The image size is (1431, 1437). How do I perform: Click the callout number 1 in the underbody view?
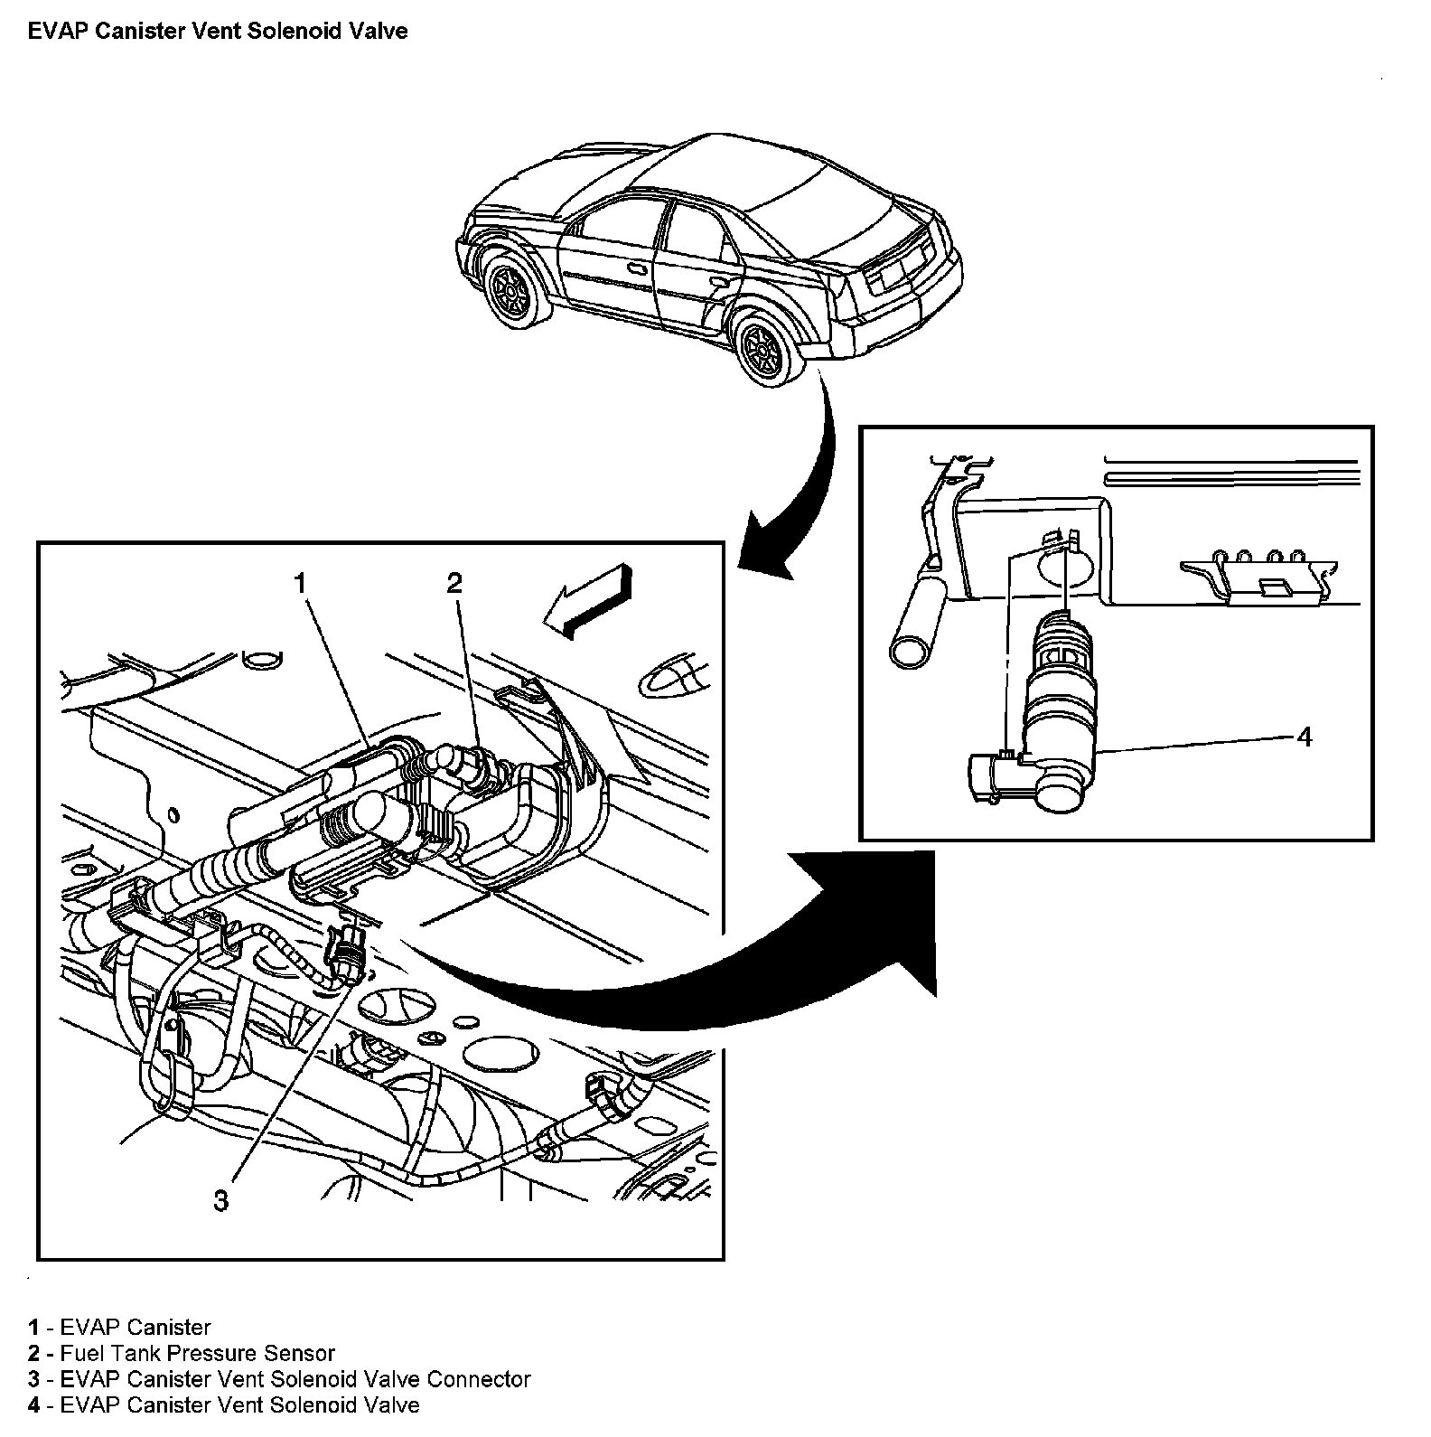(300, 584)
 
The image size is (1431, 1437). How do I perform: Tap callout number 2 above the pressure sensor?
(454, 584)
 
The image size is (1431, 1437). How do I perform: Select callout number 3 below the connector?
(221, 1200)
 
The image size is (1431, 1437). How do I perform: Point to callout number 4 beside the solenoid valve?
(1304, 737)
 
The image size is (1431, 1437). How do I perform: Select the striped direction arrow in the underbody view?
(587, 601)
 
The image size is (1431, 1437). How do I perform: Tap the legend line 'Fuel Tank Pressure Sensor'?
(197, 1353)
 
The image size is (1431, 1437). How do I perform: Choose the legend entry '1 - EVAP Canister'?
(119, 1327)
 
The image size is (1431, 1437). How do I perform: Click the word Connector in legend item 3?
(478, 1379)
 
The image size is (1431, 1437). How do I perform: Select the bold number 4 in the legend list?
(33, 1405)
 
